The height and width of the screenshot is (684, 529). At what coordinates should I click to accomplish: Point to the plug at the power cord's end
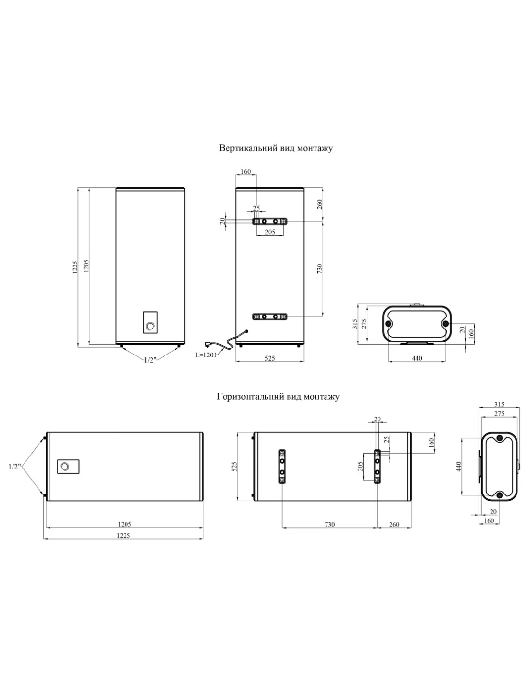pos(208,344)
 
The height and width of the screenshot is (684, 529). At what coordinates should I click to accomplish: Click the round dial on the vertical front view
pos(150,326)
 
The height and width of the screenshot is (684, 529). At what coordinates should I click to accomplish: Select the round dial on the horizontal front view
pos(64,466)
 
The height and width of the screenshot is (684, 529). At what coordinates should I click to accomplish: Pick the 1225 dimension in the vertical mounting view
pos(75,267)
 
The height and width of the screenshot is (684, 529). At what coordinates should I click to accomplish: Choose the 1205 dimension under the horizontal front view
pos(125,524)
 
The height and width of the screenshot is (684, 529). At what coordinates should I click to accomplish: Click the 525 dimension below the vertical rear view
pos(270,358)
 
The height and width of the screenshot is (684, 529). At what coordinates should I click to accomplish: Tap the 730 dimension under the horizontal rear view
pos(329,524)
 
